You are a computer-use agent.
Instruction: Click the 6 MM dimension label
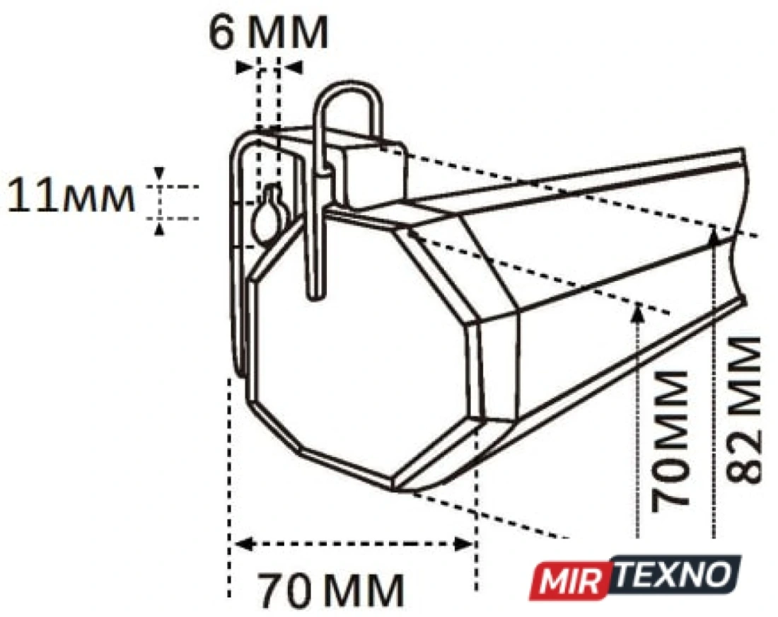coord(269,33)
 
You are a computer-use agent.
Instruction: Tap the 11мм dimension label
coord(71,195)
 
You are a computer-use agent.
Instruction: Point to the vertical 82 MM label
coord(743,410)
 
